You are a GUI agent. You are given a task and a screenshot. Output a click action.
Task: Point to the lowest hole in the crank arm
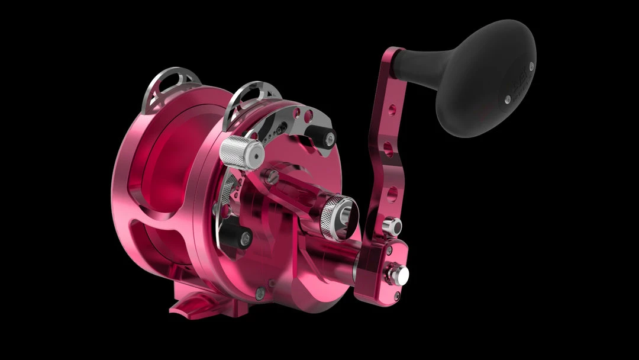tap(392, 193)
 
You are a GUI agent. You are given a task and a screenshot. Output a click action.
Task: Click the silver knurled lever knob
tap(240, 152)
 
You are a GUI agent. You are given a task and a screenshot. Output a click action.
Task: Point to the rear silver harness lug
tap(163, 83)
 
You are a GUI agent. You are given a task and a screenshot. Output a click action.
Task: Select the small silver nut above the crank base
tap(391, 226)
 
